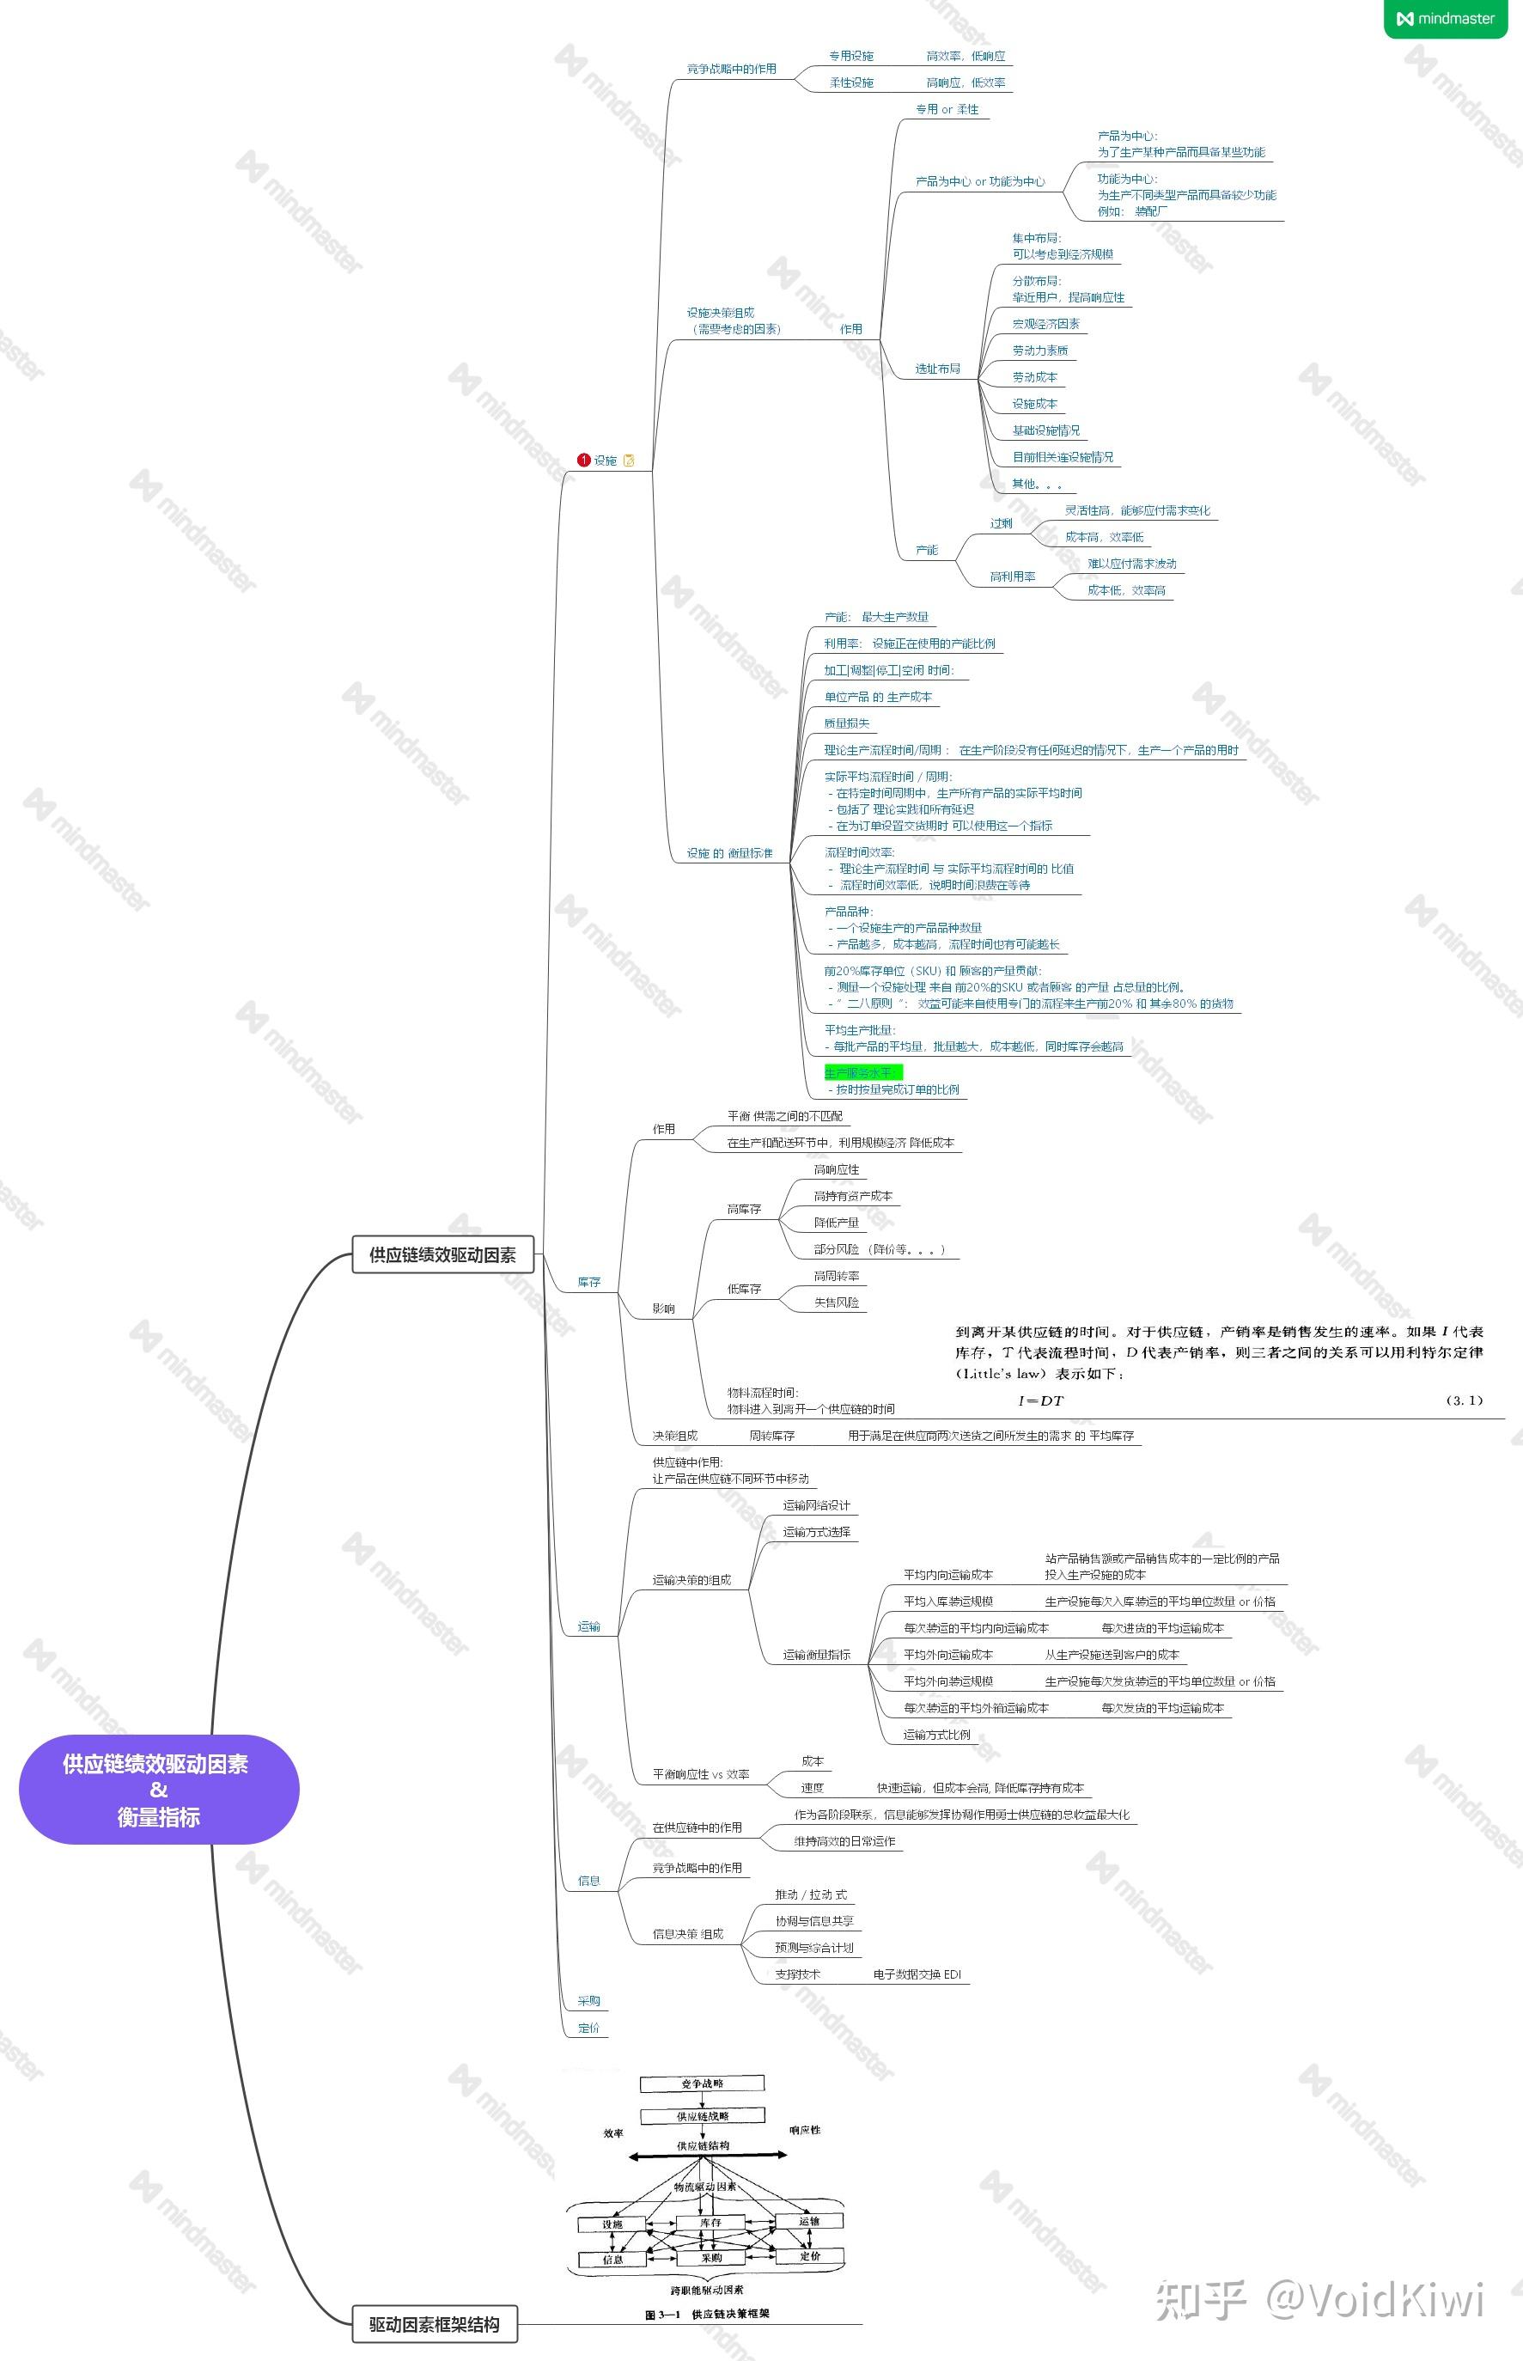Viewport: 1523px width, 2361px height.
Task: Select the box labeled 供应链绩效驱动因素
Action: (442, 1254)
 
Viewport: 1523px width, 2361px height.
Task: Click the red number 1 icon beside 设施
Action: (583, 460)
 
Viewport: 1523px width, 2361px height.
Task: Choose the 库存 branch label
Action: (588, 1282)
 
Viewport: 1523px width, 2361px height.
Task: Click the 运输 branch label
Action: (588, 1626)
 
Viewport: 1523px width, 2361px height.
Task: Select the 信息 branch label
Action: (588, 1880)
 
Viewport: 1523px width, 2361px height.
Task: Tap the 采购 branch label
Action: (588, 2000)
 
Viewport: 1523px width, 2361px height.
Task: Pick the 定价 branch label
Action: (588, 2028)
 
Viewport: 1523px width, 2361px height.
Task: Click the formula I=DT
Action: (1040, 1400)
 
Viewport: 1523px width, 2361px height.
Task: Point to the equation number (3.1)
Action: (1464, 1400)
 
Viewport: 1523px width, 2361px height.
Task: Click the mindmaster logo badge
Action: (1445, 19)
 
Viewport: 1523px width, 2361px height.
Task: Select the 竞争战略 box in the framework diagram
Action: (702, 2083)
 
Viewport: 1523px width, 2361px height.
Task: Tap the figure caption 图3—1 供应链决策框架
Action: (706, 2314)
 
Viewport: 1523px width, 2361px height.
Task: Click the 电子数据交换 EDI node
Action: (917, 1974)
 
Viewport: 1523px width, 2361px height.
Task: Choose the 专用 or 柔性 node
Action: (947, 110)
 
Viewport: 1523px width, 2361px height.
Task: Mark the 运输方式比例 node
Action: (936, 1734)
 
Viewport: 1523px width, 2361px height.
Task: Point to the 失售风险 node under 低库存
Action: (836, 1303)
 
